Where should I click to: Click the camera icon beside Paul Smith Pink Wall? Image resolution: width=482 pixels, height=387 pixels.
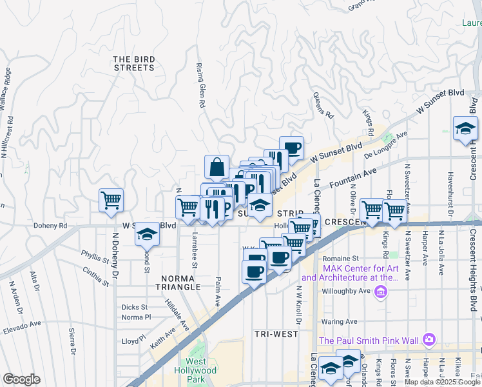click(x=429, y=339)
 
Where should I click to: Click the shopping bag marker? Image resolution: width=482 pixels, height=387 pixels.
click(x=217, y=167)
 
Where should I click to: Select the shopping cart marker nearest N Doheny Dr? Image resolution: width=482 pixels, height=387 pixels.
click(x=111, y=200)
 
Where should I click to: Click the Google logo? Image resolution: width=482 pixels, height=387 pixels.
click(x=21, y=379)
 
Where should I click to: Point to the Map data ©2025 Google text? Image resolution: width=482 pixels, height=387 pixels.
click(x=442, y=382)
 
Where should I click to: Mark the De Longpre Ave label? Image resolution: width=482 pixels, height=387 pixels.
click(x=386, y=144)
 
